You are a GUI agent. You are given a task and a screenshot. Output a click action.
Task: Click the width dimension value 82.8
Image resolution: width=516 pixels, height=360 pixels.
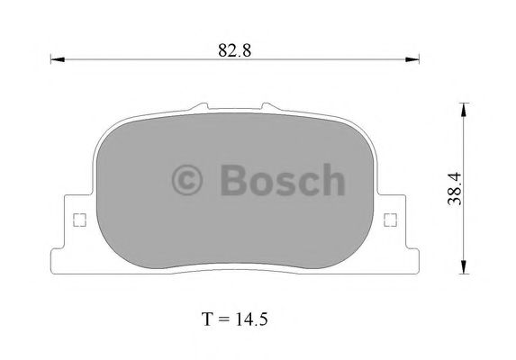coord(233,50)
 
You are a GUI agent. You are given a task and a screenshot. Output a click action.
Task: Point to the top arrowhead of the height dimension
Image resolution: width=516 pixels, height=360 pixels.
coord(464,109)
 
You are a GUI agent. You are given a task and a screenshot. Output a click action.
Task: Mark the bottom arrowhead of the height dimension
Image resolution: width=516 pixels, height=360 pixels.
coord(464,265)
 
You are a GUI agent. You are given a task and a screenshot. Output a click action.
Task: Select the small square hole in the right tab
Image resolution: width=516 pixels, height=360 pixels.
coord(390,219)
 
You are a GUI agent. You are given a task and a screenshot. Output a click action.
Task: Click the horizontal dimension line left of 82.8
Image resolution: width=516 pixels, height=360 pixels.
coord(135,61)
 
